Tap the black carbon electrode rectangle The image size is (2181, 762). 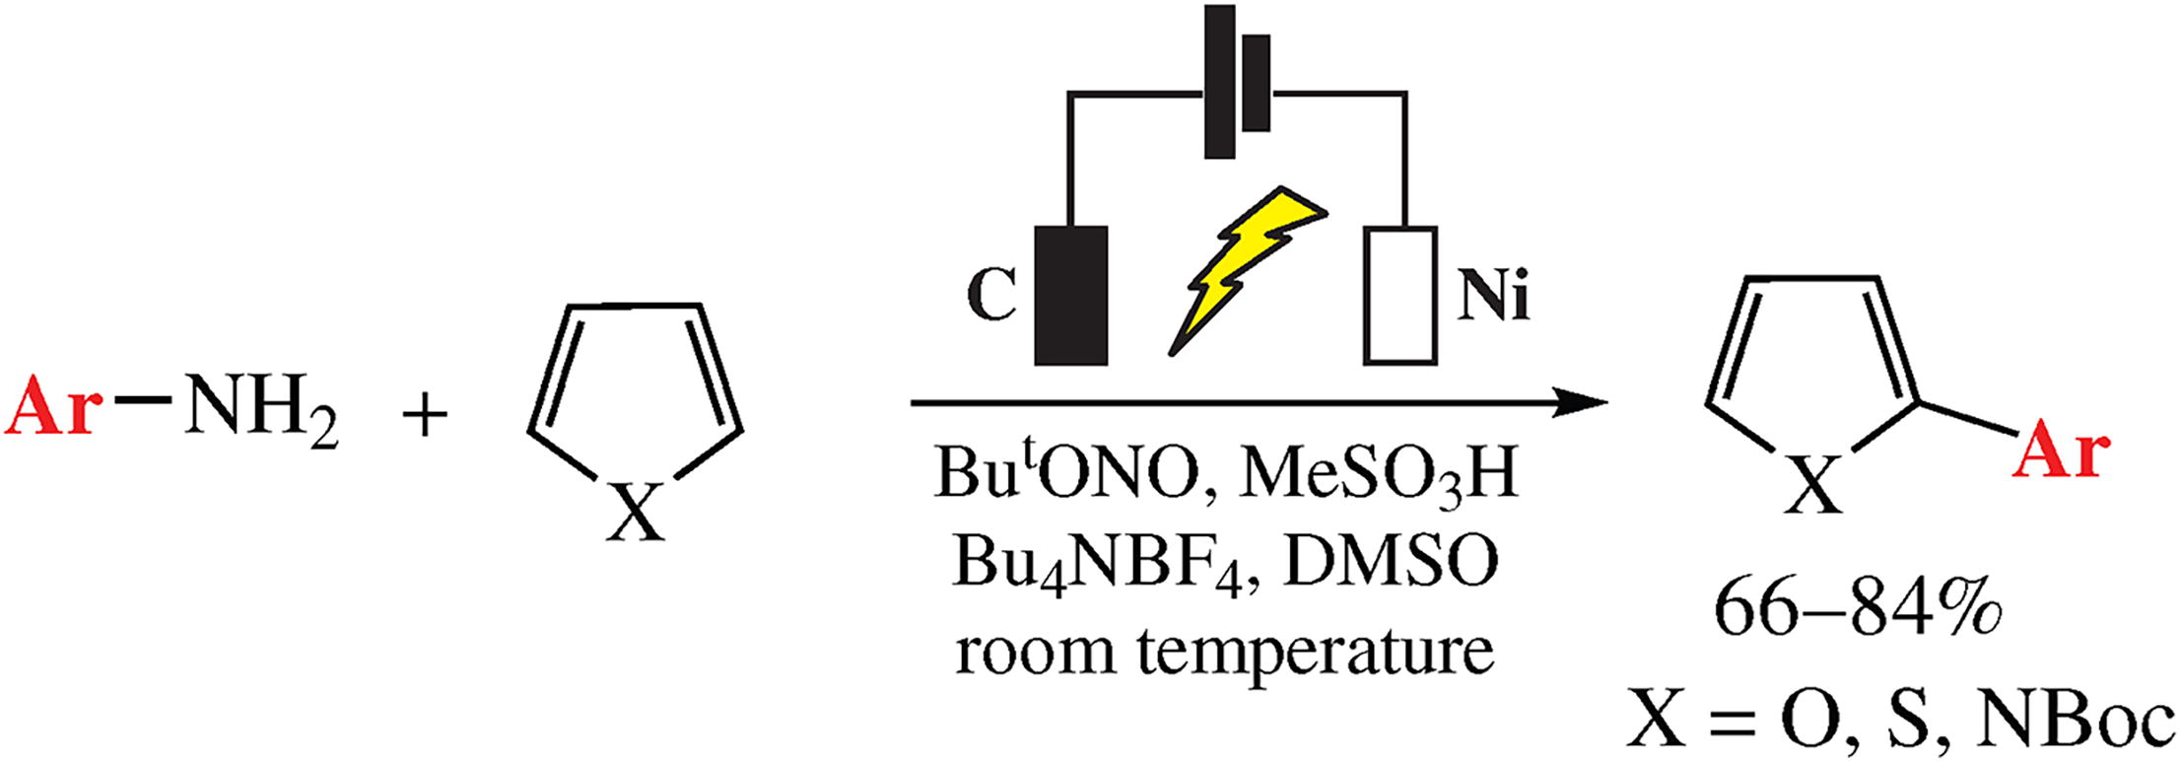point(1071,296)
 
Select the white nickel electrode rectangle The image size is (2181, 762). point(1399,296)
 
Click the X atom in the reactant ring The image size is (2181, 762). point(635,514)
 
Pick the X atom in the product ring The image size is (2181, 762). point(1814,487)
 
